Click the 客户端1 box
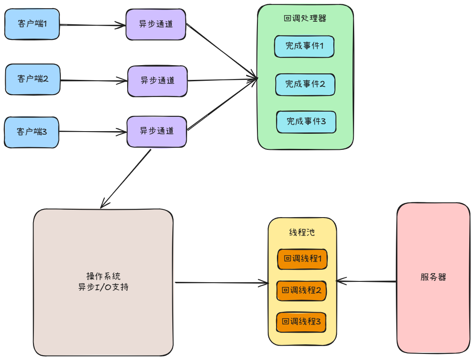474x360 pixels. [32, 24]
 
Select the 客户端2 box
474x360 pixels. [33, 79]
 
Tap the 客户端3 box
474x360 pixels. [31, 132]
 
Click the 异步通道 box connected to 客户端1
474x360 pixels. [156, 24]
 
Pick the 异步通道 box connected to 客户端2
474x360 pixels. [158, 81]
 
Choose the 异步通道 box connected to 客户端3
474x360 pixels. [157, 132]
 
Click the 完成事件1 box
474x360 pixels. [304, 46]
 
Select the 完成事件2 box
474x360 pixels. [305, 84]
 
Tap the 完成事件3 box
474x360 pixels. [306, 122]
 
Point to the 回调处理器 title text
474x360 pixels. [305, 18]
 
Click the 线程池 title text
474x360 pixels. [302, 232]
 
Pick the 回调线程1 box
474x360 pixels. [302, 259]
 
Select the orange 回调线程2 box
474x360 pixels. [301, 291]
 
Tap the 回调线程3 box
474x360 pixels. [301, 322]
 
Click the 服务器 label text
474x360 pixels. [433, 277]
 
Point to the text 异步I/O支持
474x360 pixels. [103, 287]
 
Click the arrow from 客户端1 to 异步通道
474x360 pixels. [92, 25]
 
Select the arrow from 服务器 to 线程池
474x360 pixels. [366, 281]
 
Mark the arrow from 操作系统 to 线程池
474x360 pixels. [222, 283]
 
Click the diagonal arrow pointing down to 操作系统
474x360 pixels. [125, 179]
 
